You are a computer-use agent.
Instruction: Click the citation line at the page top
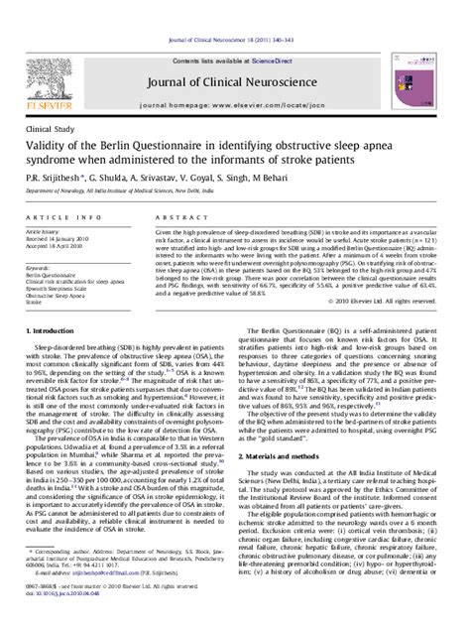(234, 8)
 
